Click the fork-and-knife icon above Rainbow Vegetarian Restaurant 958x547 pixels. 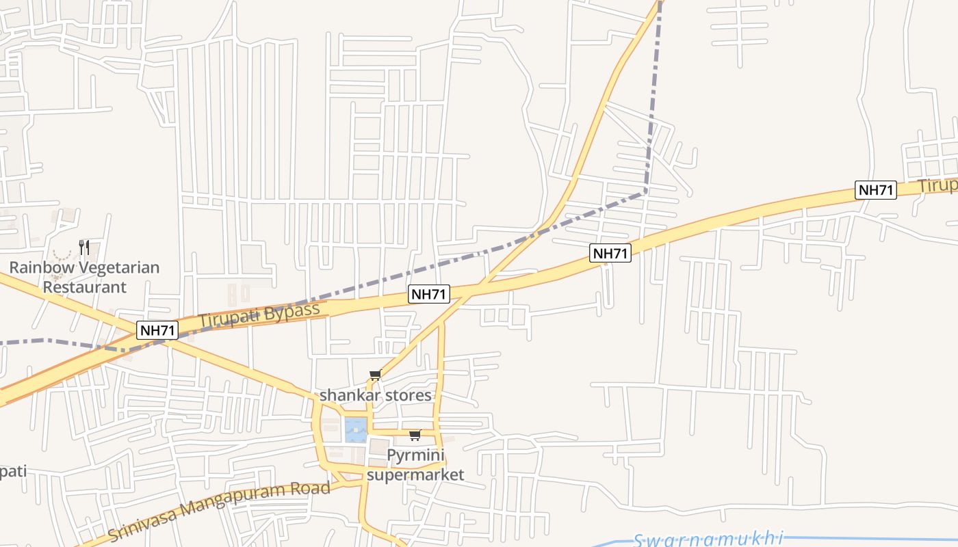[84, 247]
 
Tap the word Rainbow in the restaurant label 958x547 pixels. [38, 267]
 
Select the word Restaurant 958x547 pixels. [85, 286]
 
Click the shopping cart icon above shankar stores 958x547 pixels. [375, 375]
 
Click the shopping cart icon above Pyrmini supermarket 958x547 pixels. [415, 436]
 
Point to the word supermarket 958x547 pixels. [415, 474]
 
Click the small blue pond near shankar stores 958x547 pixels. [355, 429]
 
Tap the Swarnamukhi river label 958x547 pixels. [708, 539]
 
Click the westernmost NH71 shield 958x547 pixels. [158, 330]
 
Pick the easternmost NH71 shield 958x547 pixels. [875, 190]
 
